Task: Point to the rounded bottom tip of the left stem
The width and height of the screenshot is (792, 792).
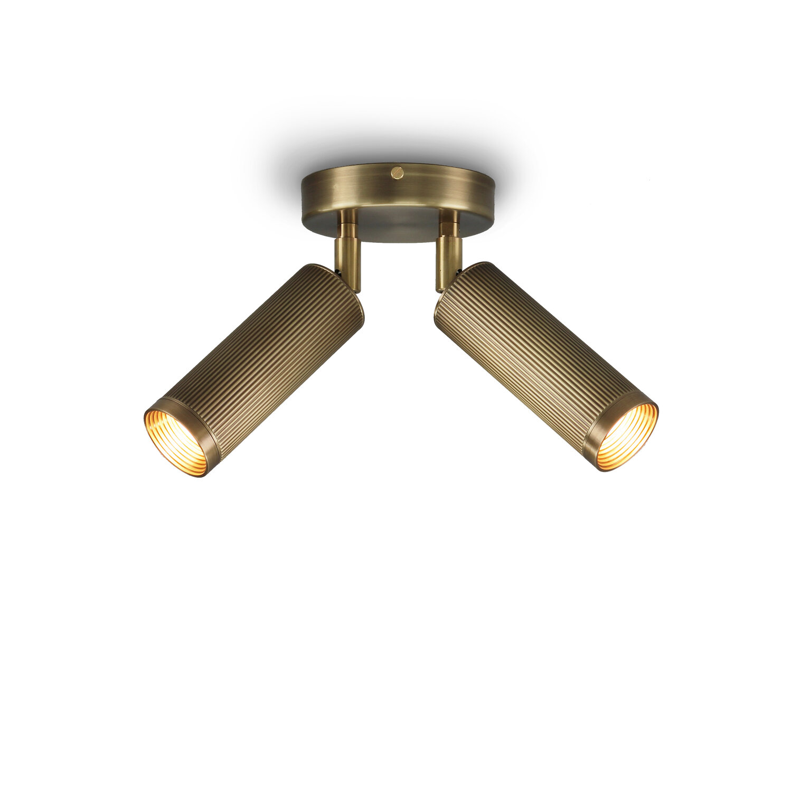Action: [355, 289]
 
